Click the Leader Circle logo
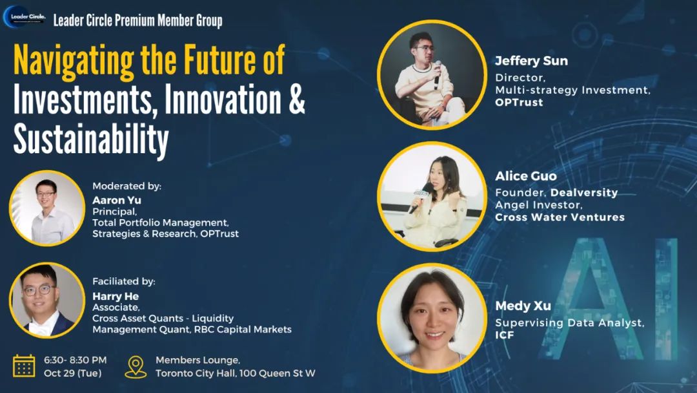[x=24, y=17]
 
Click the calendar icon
[x=24, y=366]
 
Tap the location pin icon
[x=136, y=367]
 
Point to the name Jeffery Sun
[x=531, y=61]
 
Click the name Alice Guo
[x=526, y=176]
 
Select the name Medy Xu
[x=523, y=306]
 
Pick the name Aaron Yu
[x=116, y=200]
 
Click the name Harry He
[x=116, y=297]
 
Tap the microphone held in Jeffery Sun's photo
[x=438, y=74]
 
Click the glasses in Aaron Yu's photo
[x=46, y=194]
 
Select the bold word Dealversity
[x=584, y=193]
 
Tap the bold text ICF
[x=505, y=335]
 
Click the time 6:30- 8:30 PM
[x=75, y=360]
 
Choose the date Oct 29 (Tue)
[x=72, y=374]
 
